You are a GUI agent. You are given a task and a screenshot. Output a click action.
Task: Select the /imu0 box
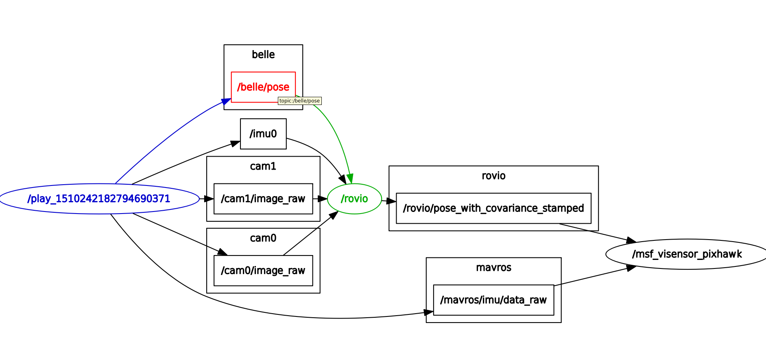pos(263,134)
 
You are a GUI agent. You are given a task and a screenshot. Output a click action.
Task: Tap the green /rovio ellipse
pos(354,199)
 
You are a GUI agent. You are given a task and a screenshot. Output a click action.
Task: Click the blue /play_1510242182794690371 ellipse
pos(99,199)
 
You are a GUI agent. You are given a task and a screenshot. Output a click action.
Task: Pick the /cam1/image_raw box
pos(263,199)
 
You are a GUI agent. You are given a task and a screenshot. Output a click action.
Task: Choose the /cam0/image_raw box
pos(263,271)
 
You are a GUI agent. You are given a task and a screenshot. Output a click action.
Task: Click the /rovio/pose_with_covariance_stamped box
pos(493,208)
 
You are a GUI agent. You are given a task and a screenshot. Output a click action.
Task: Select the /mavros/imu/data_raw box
pos(493,300)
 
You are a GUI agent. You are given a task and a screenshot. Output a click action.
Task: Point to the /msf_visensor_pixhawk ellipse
pos(687,254)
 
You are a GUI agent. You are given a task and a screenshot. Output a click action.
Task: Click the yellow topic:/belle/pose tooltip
pos(300,101)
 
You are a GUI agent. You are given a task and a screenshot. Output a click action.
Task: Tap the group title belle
pos(263,55)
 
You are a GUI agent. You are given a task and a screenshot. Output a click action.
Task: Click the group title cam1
pos(263,166)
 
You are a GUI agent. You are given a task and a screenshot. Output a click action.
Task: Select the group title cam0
pos(263,238)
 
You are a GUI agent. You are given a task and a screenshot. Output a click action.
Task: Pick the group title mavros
pos(493,268)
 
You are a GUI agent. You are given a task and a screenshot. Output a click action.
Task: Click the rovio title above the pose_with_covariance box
pos(493,176)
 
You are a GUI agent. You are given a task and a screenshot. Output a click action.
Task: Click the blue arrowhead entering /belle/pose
pos(226,101)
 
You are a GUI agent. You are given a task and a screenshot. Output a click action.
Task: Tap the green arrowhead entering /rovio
pos(350,179)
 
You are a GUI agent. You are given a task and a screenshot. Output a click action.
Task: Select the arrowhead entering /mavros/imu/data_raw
pos(428,312)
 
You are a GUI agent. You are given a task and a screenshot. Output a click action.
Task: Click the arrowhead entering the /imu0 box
pos(236,144)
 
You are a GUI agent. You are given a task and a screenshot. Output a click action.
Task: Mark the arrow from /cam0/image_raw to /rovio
pos(309,234)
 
